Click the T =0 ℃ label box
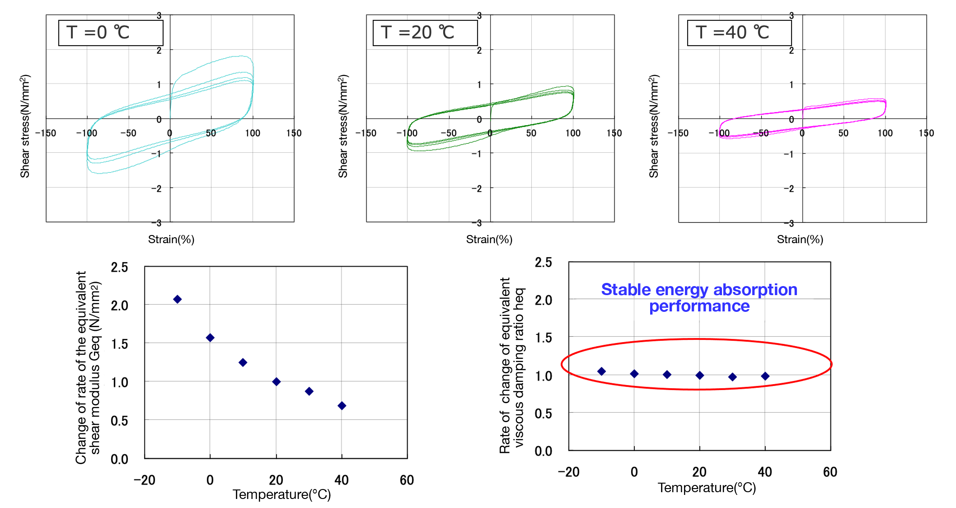(111, 33)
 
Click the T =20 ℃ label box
(425, 33)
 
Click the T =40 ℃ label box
(739, 33)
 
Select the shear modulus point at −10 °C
(178, 299)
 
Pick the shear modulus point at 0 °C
(210, 338)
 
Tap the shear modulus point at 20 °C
(276, 382)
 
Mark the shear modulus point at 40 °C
(342, 406)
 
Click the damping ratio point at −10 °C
(601, 372)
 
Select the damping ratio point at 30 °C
(732, 377)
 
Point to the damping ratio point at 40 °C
(765, 376)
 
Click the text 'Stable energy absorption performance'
(699, 298)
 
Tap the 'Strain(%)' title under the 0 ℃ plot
(171, 240)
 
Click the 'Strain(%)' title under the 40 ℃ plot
(800, 240)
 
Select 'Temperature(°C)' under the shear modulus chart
(281, 494)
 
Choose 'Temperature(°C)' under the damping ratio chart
(707, 488)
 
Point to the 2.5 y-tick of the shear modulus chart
(119, 267)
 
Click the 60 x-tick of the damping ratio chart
(830, 472)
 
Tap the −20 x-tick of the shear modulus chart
(144, 480)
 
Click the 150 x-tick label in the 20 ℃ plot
(614, 133)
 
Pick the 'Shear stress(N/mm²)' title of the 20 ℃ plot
(343, 126)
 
